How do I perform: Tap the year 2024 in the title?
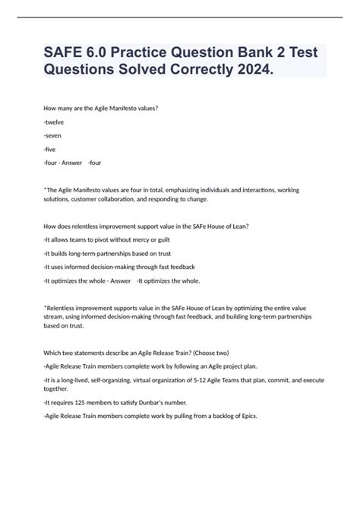[255, 71]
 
